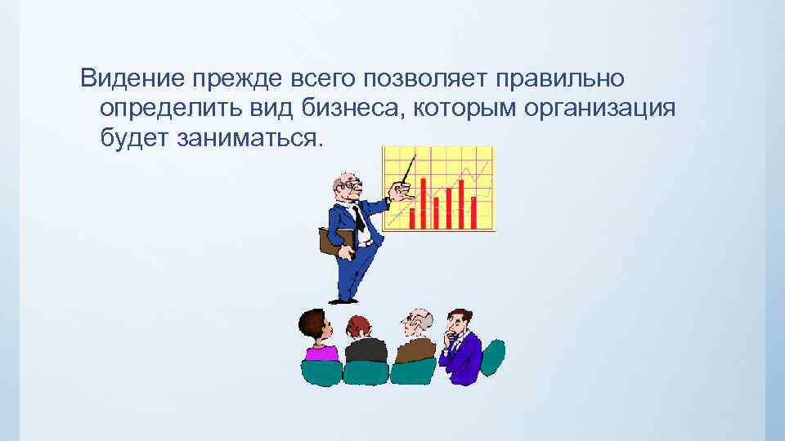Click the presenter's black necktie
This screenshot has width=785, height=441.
pyautogui.click(x=358, y=217)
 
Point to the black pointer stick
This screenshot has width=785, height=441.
pyautogui.click(x=408, y=168)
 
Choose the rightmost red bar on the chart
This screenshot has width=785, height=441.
pyautogui.click(x=473, y=212)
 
